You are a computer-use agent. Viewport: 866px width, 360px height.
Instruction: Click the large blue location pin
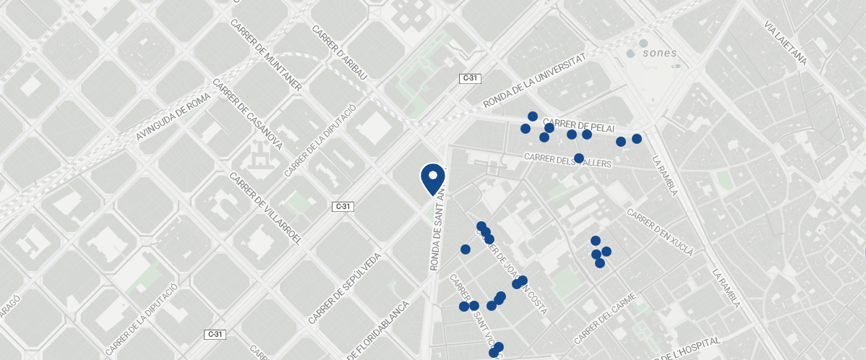(x=432, y=178)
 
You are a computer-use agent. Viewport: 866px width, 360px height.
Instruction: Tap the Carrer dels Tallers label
(x=568, y=160)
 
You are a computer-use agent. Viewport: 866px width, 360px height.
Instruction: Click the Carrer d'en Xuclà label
(x=659, y=233)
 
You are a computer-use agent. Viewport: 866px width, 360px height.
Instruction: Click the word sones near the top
(x=659, y=52)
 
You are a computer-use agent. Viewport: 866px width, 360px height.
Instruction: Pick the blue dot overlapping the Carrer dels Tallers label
(x=579, y=158)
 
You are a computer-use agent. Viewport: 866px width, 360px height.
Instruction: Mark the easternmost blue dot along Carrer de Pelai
(x=637, y=139)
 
